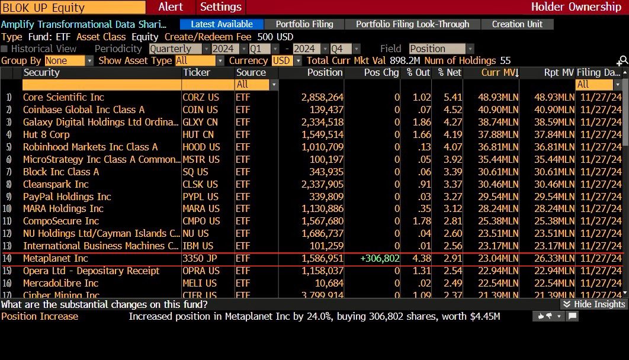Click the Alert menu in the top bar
(171, 7)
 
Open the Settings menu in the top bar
(221, 7)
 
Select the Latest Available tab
(222, 24)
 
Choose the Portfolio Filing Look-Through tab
(412, 24)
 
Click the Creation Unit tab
(517, 24)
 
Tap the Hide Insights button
(593, 304)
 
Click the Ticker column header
(197, 72)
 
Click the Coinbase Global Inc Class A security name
(84, 110)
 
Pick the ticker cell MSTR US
(200, 159)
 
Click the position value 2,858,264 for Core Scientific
(322, 97)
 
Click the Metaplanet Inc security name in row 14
(55, 258)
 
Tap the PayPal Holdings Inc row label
(67, 197)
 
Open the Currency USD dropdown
(287, 60)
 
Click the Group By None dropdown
(69, 60)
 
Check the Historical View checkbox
(5, 49)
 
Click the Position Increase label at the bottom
(40, 316)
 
